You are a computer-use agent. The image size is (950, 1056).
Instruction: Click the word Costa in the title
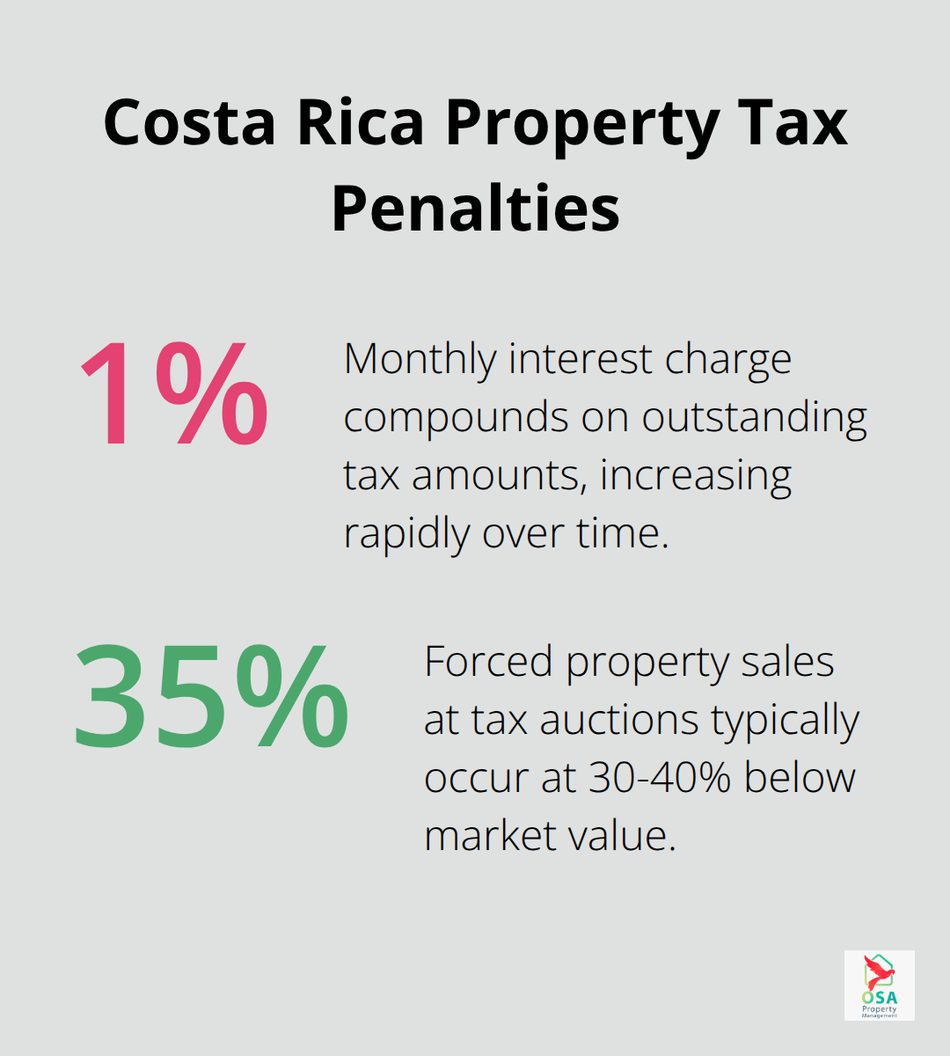(189, 122)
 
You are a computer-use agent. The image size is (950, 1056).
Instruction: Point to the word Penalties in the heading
(475, 209)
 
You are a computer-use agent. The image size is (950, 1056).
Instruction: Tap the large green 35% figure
(211, 696)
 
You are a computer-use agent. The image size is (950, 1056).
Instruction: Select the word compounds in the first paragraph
(456, 417)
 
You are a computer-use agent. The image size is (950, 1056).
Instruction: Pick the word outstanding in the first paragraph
(754, 417)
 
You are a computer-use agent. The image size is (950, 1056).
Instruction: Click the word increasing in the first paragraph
(696, 475)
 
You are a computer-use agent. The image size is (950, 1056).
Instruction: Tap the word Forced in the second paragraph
(488, 661)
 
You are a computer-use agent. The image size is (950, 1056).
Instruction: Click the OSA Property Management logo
(879, 985)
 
